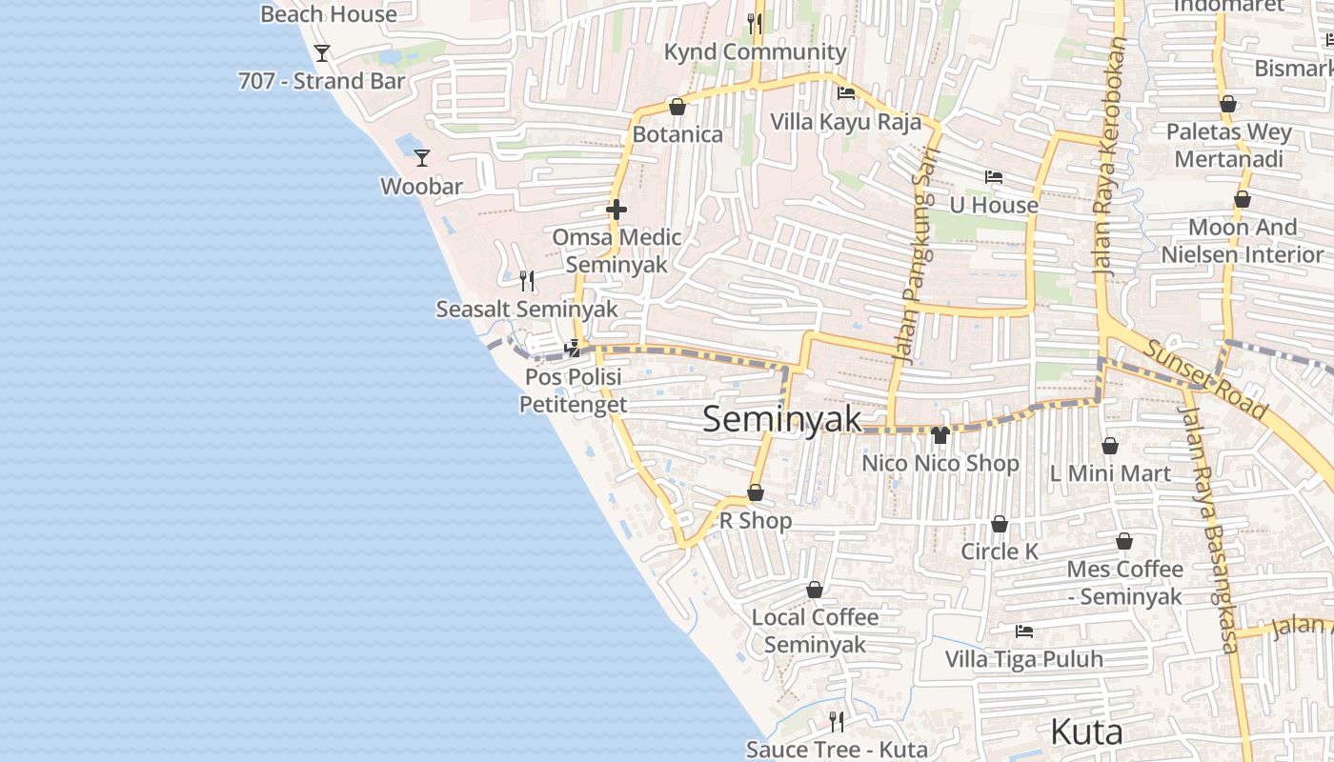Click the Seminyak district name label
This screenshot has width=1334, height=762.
782,419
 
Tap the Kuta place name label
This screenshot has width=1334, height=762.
1086,732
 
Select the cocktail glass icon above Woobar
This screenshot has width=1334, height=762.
422,157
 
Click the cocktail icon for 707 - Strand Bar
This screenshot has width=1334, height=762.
322,52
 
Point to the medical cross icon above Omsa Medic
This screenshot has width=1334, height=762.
616,210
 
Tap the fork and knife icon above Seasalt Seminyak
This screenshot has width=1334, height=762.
527,280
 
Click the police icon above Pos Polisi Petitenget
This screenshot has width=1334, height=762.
573,349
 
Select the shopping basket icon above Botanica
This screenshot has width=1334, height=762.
677,107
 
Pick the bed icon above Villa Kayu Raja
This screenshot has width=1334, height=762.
845,93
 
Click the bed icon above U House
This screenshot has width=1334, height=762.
994,177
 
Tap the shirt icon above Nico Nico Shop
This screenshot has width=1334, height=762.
940,435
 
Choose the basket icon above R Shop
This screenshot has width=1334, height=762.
756,492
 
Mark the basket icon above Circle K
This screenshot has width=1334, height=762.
1000,524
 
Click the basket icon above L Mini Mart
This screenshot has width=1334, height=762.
1110,446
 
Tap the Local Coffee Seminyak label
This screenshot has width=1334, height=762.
815,631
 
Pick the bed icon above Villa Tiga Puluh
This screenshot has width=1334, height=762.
1024,631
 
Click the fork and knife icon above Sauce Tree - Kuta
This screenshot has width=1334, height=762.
837,721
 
